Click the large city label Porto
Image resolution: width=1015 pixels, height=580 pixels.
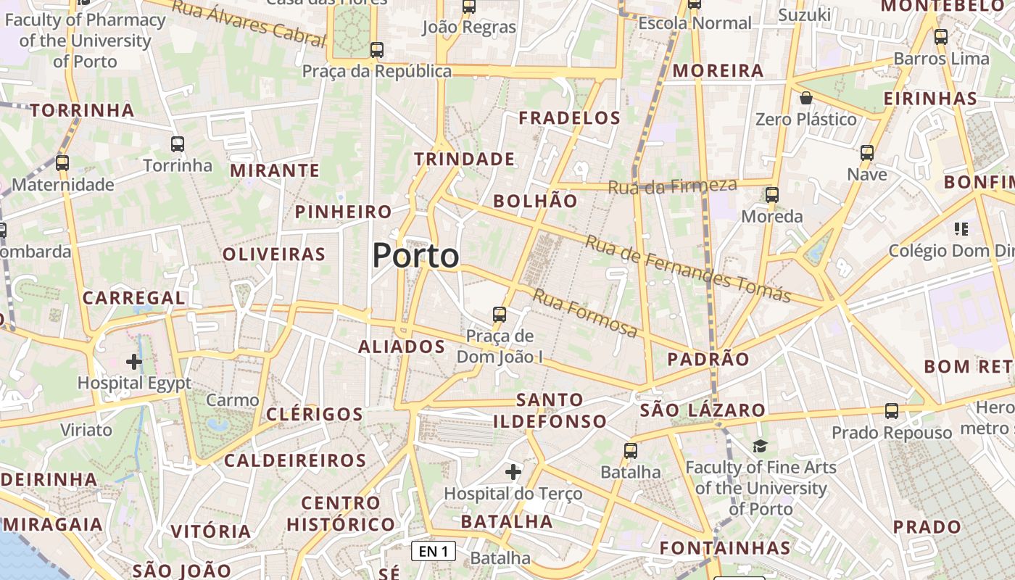tap(415, 256)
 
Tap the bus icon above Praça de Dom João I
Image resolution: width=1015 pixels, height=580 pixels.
tap(499, 314)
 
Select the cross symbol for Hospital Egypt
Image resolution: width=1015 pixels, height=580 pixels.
tap(133, 360)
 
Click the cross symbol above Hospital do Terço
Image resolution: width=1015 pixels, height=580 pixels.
tap(513, 472)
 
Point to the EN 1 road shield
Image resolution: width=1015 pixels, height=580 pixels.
tap(434, 551)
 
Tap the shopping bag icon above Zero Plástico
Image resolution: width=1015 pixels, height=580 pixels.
tap(805, 98)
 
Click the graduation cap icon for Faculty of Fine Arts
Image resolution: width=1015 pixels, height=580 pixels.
tap(760, 446)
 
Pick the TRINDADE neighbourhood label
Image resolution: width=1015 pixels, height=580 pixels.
tap(464, 159)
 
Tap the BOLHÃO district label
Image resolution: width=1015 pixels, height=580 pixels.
tap(535, 201)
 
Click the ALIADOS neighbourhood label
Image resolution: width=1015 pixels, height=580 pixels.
tap(402, 347)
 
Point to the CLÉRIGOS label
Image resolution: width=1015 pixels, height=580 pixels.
tap(314, 414)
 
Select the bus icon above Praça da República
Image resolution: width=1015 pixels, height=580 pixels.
tap(376, 49)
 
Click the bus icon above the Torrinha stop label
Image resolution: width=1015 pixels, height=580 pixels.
tap(178, 144)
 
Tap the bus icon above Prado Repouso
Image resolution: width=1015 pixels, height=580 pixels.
tap(891, 411)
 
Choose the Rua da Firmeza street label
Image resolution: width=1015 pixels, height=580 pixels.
tap(672, 186)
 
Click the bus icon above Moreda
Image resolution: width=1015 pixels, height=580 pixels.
tap(771, 194)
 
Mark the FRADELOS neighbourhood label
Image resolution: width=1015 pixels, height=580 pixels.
tap(569, 117)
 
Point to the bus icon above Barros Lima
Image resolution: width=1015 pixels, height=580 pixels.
tap(941, 36)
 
